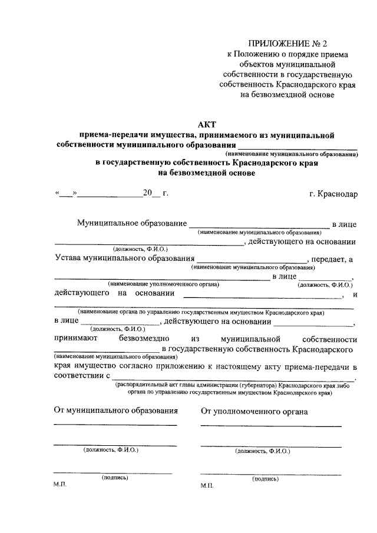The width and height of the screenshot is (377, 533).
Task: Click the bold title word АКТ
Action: click(x=207, y=124)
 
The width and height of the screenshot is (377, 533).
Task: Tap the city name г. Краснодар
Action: click(x=333, y=193)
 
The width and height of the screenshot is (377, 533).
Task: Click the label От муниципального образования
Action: click(x=115, y=411)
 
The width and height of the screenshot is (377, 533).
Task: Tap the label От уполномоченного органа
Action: click(x=254, y=411)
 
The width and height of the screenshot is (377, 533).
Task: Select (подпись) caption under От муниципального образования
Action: click(x=115, y=478)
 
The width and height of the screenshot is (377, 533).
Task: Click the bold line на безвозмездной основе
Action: click(x=207, y=173)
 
